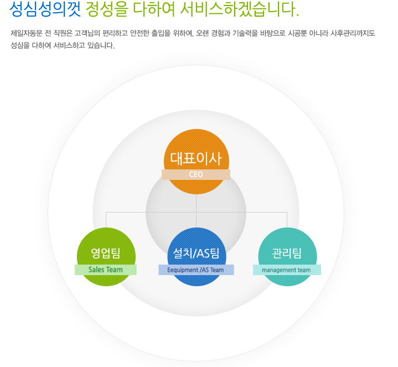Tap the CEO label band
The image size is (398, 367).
click(196, 174)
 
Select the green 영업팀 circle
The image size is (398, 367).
click(106, 244)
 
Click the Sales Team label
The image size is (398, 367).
click(106, 270)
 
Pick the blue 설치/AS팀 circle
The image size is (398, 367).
click(197, 244)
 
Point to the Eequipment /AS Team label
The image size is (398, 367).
click(196, 270)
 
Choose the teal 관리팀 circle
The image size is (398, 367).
click(287, 244)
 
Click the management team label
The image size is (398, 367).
click(287, 270)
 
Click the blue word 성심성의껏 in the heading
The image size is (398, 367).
click(45, 9)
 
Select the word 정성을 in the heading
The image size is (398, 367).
click(107, 9)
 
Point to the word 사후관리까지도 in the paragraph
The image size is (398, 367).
click(353, 33)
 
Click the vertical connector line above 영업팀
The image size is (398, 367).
click(106, 220)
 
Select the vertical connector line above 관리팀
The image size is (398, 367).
click(287, 220)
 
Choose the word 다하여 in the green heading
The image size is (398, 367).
click(154, 9)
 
